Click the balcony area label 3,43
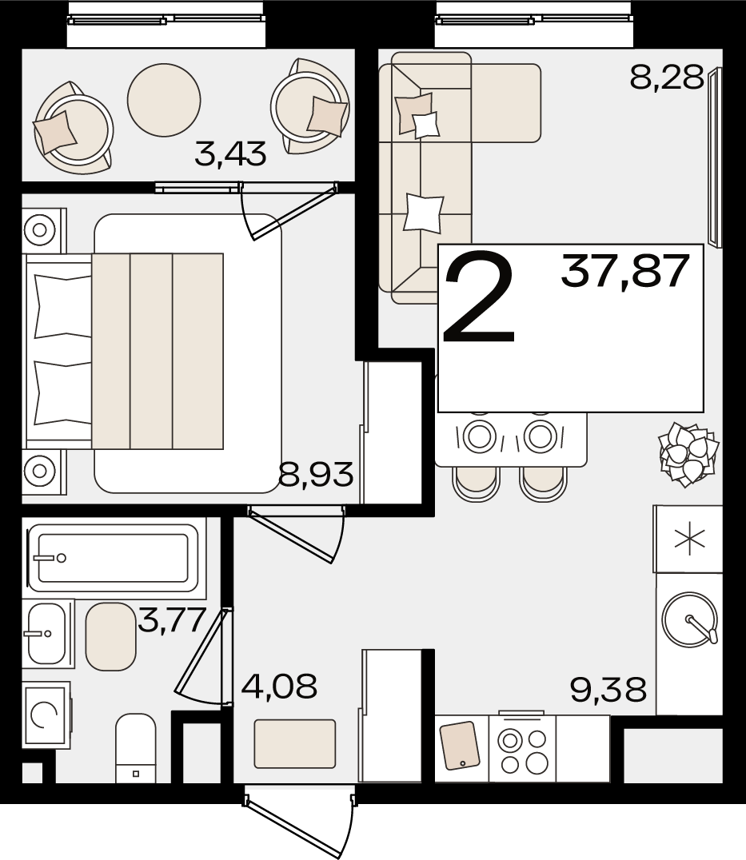[x=230, y=153]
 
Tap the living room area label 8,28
[x=667, y=77]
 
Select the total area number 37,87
[x=624, y=271]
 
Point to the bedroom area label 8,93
[x=315, y=474]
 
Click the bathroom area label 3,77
[x=172, y=620]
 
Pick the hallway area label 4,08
[x=279, y=686]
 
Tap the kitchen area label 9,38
[x=608, y=690]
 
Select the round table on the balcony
[x=164, y=100]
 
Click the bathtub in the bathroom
[x=114, y=558]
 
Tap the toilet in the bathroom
[x=135, y=749]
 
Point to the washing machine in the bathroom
[x=46, y=715]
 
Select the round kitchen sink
[x=689, y=619]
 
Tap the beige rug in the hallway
[x=294, y=744]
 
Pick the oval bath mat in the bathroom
[x=111, y=636]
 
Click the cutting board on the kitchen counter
[x=460, y=745]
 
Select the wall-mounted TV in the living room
[x=715, y=157]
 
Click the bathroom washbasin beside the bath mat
[x=47, y=634]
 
